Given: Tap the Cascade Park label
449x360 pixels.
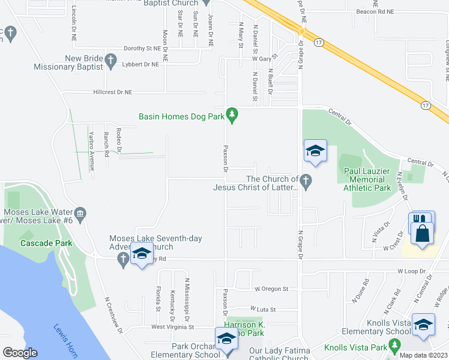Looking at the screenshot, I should point(46,243).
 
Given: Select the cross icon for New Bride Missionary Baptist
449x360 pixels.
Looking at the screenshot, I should point(110,60).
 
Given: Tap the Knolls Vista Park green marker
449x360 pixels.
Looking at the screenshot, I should point(394,346).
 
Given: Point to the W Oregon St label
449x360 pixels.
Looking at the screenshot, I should point(271,289).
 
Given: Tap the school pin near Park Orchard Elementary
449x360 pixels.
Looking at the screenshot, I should point(226,338).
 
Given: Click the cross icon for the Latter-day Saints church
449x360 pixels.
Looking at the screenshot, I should point(306,180).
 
